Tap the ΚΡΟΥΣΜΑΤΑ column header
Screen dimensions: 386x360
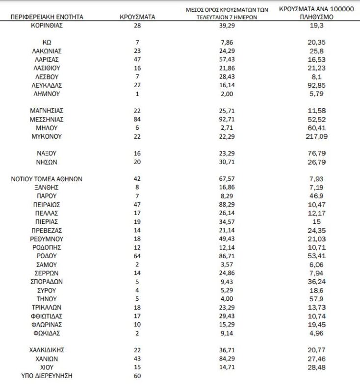137,17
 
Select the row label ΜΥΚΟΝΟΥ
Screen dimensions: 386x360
47,136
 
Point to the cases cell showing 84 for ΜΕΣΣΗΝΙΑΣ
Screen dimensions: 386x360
137,119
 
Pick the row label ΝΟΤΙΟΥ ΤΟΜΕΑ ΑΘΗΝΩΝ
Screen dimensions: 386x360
47,179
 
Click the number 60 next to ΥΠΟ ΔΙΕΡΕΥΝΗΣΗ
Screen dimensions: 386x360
137,376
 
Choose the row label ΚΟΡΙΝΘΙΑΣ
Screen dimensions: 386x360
47,25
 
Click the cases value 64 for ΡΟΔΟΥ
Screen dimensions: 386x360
137,256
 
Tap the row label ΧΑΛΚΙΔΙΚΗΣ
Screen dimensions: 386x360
47,350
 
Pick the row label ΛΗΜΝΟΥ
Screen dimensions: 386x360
47,94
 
